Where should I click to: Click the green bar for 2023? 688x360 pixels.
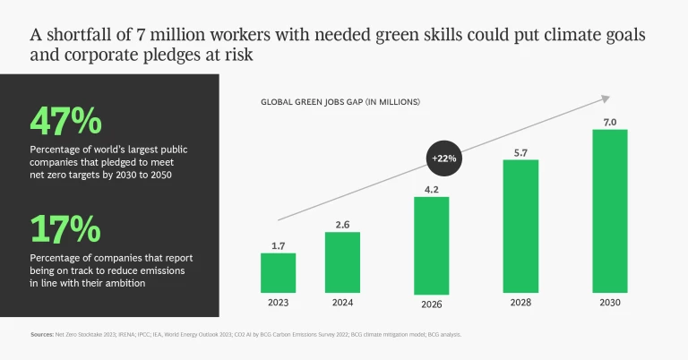279,272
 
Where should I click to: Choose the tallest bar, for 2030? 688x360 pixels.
609,210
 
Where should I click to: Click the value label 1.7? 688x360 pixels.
279,244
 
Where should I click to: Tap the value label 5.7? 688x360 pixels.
520,152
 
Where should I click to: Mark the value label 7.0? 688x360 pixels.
609,121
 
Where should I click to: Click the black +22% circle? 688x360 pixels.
444,159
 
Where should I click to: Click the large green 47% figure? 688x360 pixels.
66,122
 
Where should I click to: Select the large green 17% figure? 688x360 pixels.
65,230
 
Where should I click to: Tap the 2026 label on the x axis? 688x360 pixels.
432,304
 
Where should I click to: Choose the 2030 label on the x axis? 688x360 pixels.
609,302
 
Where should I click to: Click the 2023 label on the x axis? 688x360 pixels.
279,302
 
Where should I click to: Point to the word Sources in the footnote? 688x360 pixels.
41,334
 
